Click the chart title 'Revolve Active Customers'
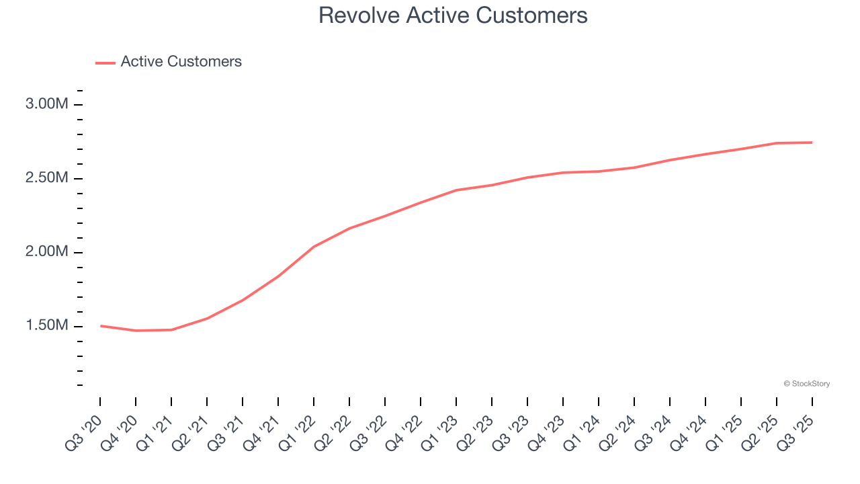pyautogui.click(x=453, y=15)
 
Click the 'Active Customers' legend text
pyautogui.click(x=181, y=62)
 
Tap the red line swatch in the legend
pyautogui.click(x=105, y=63)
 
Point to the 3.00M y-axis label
pyautogui.click(x=46, y=104)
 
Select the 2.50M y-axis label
pyautogui.click(x=46, y=178)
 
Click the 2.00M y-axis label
pyautogui.click(x=46, y=252)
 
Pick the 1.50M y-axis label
pyautogui.click(x=46, y=326)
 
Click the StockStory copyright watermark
pyautogui.click(x=806, y=384)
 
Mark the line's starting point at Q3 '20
pyautogui.click(x=101, y=326)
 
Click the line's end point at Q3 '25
pyautogui.click(x=812, y=143)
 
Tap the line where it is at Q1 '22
pyautogui.click(x=314, y=247)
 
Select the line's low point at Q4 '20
pyautogui.click(x=136, y=331)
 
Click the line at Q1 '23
pyautogui.click(x=456, y=190)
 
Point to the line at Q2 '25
pyautogui.click(x=776, y=143)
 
